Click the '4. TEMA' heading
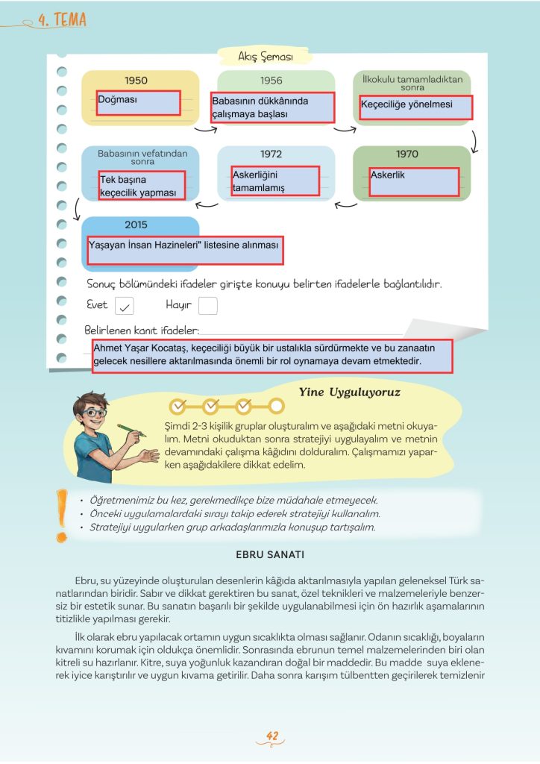pos(61,20)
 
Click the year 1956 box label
pos(271,80)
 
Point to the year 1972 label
pos(271,154)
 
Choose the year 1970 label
pos(407,154)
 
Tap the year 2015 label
pos(136,225)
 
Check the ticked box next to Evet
pos(125,306)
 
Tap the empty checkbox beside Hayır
pos(208,306)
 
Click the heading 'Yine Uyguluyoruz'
pos(349,392)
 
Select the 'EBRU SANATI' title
pos(269,555)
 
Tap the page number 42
pos(272,737)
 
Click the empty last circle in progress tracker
pos(276,406)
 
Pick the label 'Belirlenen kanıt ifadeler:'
pos(142,330)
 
